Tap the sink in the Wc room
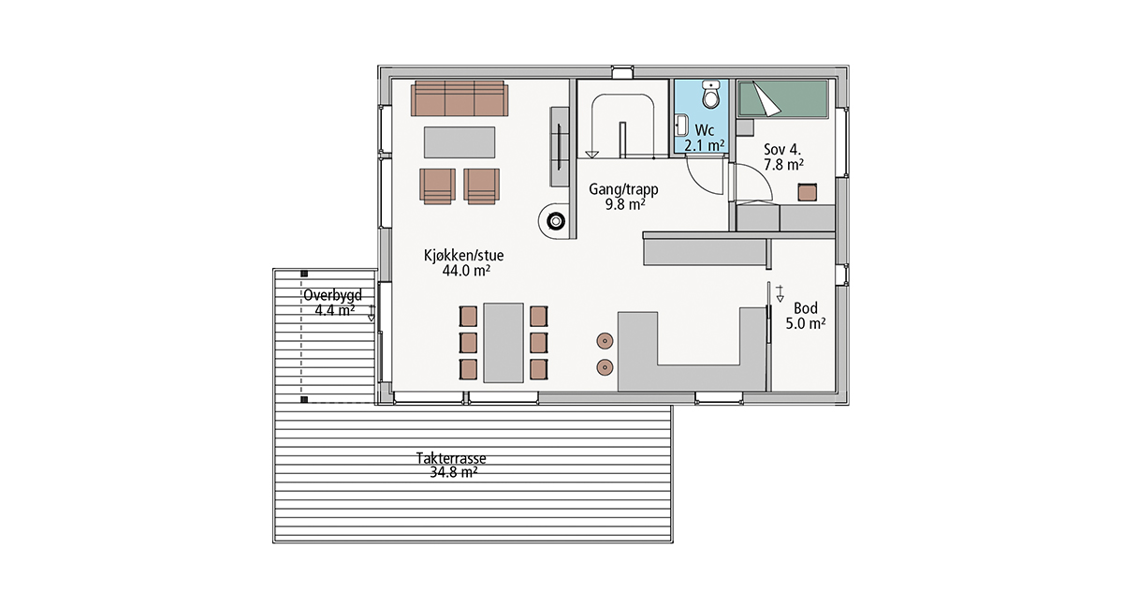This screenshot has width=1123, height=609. click(x=681, y=126)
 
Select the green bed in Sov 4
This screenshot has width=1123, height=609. click(x=781, y=99)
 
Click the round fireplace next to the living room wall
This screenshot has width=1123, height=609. click(x=554, y=221)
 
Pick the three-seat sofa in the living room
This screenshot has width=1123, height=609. click(x=459, y=98)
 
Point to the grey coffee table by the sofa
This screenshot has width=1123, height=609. click(x=459, y=142)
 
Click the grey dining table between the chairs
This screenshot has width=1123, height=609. click(x=503, y=342)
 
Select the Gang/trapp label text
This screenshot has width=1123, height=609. click(x=623, y=189)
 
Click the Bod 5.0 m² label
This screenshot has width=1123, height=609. click(x=806, y=316)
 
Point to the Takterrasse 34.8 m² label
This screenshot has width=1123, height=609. click(x=451, y=466)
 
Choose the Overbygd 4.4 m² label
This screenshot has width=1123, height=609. click(x=332, y=303)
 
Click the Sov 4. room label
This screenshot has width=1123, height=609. click(x=782, y=149)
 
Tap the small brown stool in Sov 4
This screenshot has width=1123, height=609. click(x=807, y=192)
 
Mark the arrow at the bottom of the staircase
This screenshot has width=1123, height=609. click(x=592, y=155)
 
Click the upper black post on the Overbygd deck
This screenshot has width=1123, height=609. click(x=304, y=274)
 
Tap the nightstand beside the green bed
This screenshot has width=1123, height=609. click(x=745, y=127)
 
